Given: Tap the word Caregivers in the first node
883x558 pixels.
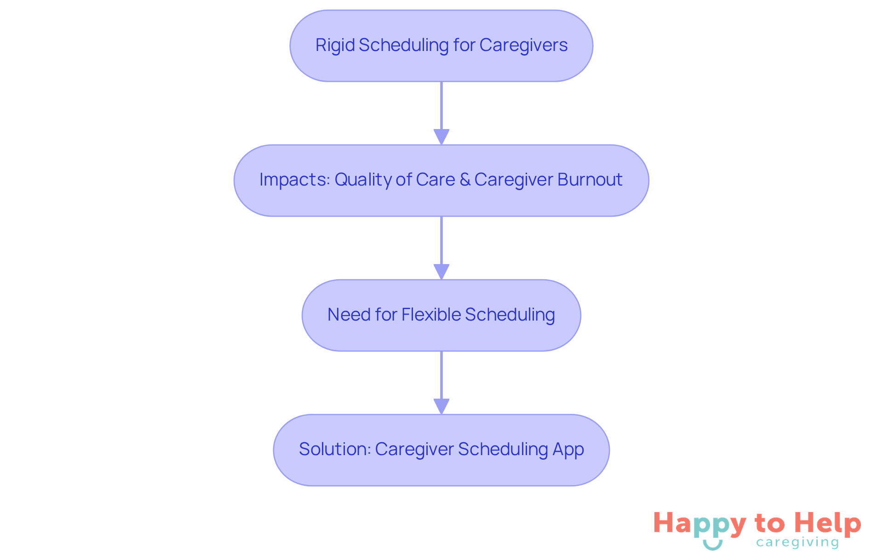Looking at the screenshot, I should click(x=523, y=45).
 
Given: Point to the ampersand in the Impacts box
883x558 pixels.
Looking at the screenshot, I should click(x=464, y=180).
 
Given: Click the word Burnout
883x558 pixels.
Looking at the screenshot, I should click(x=590, y=180).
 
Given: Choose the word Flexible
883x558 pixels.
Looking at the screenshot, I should click(x=431, y=315).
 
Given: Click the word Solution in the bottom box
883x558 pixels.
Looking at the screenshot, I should click(x=334, y=449).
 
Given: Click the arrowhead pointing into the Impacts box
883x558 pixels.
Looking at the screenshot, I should click(x=441, y=137).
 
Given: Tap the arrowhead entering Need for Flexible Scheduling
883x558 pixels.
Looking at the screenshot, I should click(x=441, y=271).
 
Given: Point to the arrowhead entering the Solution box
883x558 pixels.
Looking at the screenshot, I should click(x=441, y=406).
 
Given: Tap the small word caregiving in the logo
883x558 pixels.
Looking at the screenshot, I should click(x=797, y=542).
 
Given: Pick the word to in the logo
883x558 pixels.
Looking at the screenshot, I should click(x=769, y=524).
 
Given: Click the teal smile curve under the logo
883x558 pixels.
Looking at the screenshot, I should click(x=712, y=545).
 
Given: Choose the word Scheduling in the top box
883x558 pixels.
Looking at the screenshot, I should click(x=403, y=45).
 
